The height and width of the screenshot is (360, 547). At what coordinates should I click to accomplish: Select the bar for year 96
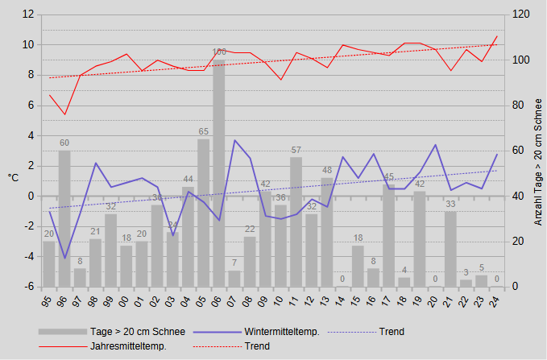[x=64, y=218]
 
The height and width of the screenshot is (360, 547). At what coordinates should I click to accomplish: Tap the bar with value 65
[x=204, y=213]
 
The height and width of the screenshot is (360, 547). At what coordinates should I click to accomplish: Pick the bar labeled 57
[x=296, y=221]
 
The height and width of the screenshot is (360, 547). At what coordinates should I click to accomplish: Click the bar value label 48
[x=327, y=171]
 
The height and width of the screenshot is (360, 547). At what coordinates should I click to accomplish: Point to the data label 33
[x=451, y=204]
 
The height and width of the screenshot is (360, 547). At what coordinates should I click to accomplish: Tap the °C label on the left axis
[x=13, y=177]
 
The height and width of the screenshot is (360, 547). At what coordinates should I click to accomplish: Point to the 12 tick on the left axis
[x=28, y=14]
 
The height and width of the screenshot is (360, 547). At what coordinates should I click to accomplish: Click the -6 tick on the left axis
[x=28, y=287]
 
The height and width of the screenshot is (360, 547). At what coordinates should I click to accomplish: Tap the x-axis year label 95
[x=49, y=300]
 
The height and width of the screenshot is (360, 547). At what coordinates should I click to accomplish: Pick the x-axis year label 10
[x=281, y=300]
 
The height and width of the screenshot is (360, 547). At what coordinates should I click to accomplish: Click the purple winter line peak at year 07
[x=234, y=140]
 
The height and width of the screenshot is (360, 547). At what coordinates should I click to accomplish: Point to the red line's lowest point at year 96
[x=64, y=114]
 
